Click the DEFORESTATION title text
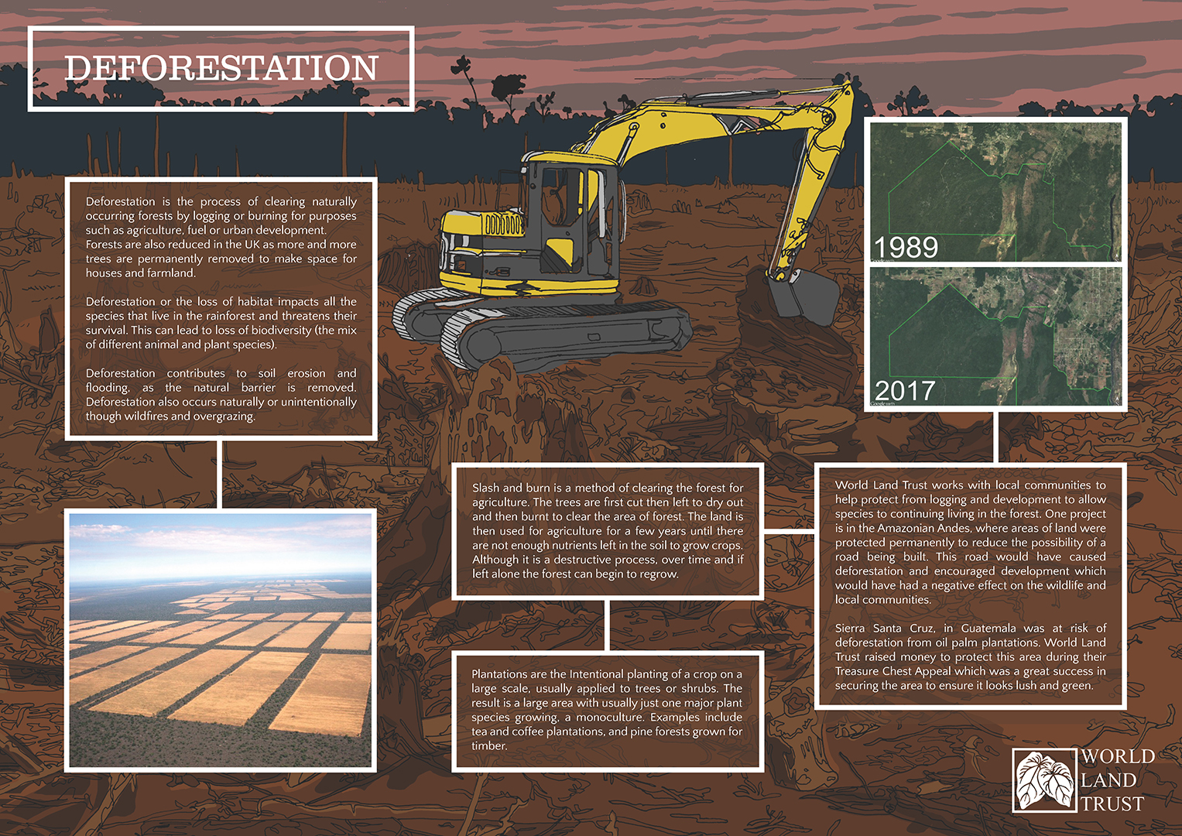[x=221, y=68]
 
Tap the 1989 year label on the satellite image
[x=906, y=247]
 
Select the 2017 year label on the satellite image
[x=905, y=391]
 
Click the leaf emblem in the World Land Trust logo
[x=1044, y=780]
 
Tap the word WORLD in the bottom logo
[x=1118, y=756]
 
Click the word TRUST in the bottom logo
[x=1112, y=803]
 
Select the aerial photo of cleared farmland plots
[x=221, y=640]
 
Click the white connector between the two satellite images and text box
[x=995, y=437]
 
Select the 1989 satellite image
[x=995, y=192]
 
